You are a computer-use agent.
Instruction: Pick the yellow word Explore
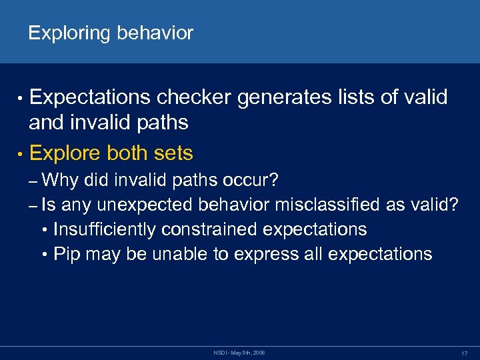point(65,153)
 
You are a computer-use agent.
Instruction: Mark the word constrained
point(215,229)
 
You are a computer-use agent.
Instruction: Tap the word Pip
point(66,254)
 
